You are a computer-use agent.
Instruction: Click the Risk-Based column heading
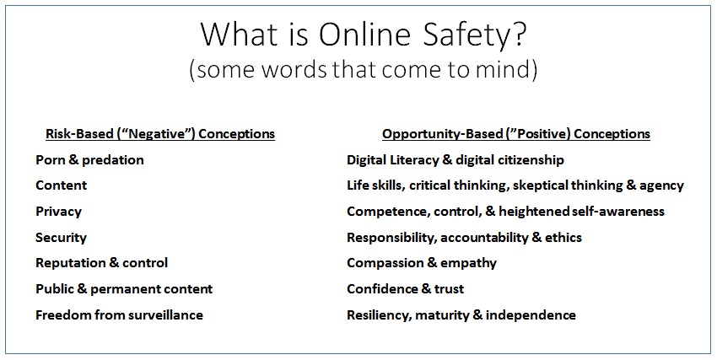click(x=160, y=134)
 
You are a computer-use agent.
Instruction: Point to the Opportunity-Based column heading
click(x=516, y=134)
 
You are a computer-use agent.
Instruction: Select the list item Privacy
click(x=58, y=212)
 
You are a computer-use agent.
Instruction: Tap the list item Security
click(x=61, y=238)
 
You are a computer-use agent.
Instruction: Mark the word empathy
click(x=468, y=264)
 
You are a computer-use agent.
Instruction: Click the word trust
click(x=449, y=289)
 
